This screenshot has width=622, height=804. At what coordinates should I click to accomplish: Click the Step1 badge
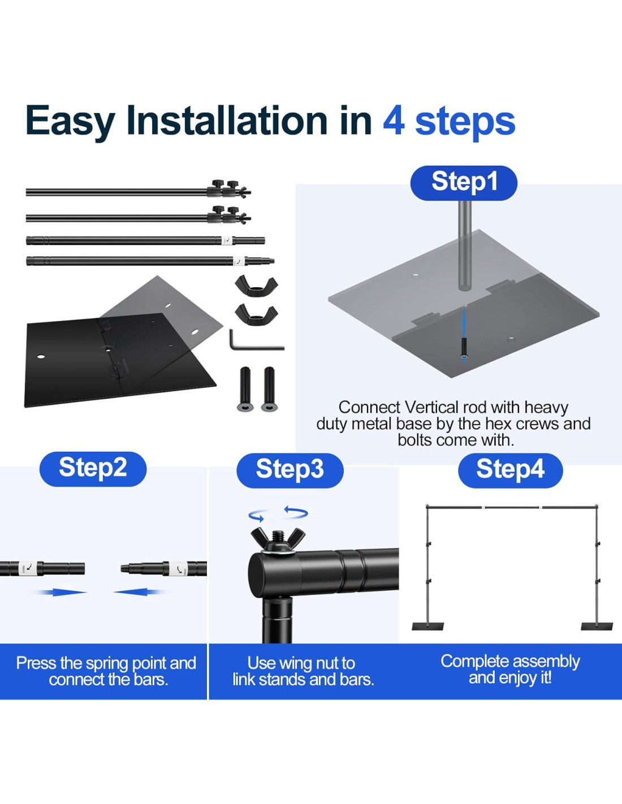pyautogui.click(x=464, y=183)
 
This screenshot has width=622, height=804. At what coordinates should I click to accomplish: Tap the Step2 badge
pyautogui.click(x=93, y=469)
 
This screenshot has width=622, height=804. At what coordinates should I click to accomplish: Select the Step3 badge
pyautogui.click(x=290, y=470)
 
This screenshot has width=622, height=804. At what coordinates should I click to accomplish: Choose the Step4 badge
pyautogui.click(x=510, y=470)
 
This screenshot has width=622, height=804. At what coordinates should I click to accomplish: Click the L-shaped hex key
pyautogui.click(x=256, y=340)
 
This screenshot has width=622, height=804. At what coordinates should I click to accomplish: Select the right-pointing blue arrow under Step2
pyautogui.click(x=61, y=593)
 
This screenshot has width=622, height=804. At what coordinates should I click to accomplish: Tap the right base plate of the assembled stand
pyautogui.click(x=597, y=626)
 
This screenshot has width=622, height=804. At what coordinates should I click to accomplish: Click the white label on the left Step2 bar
pyautogui.click(x=27, y=568)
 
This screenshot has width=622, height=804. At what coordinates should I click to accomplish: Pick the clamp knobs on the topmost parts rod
pyautogui.click(x=228, y=189)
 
